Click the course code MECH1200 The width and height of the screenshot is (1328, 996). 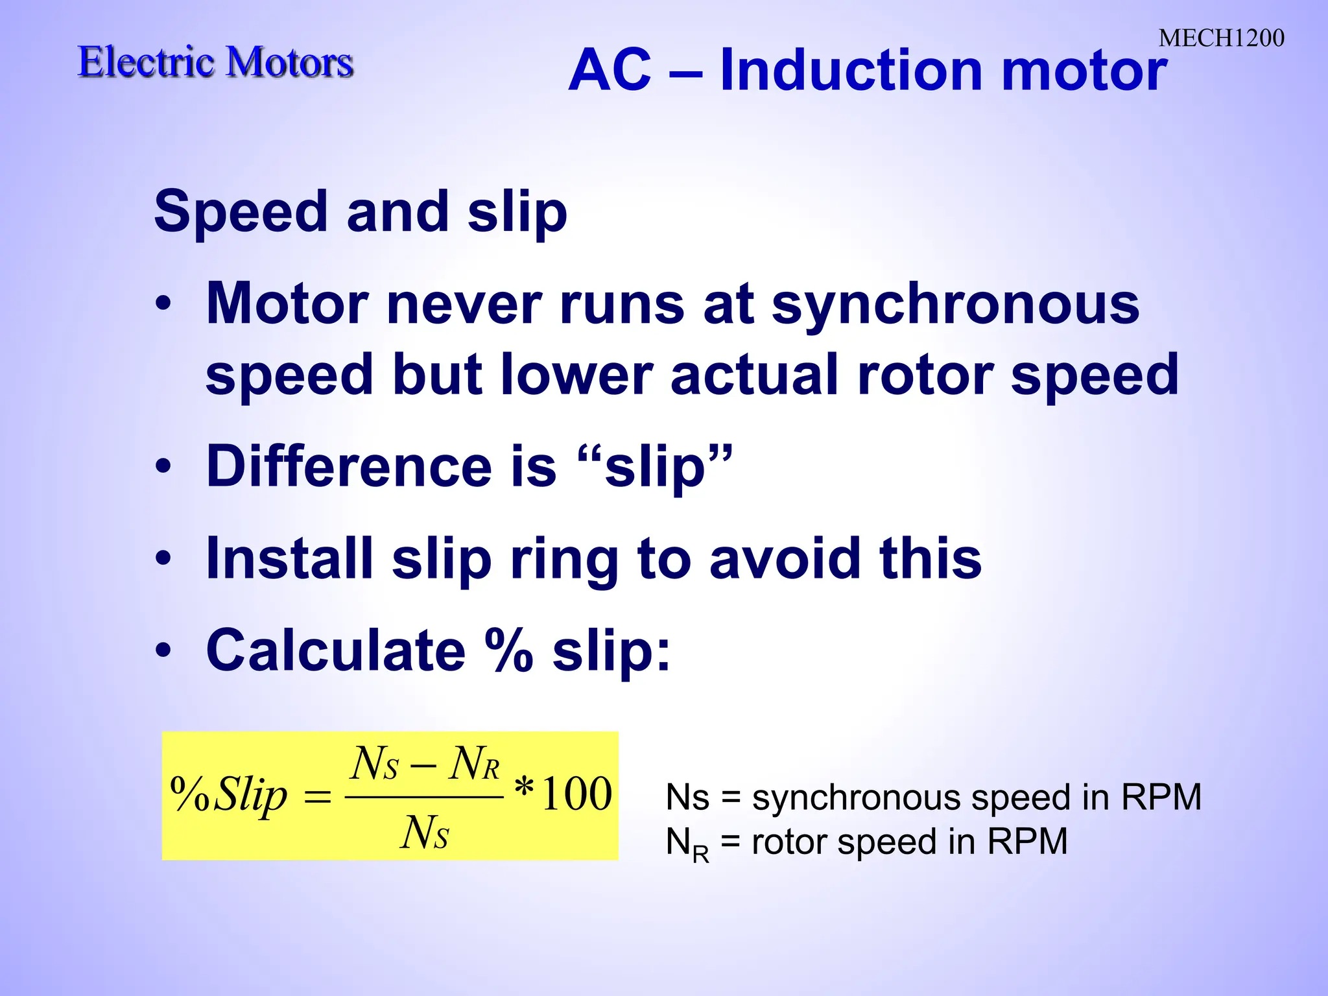1221,38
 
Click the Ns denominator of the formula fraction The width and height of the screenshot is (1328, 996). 425,833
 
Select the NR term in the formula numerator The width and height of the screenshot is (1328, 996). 474,764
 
